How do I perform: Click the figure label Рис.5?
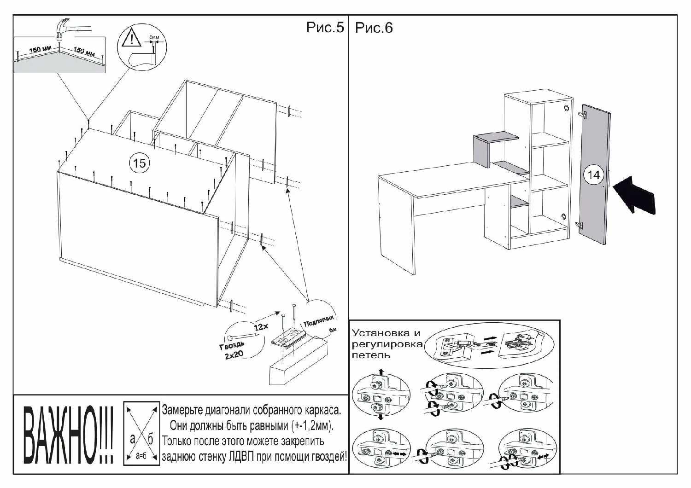point(325,28)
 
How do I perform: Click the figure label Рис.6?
point(374,28)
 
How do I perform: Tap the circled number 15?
point(139,163)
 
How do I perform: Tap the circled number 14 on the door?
point(593,175)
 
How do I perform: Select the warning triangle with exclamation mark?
point(131,37)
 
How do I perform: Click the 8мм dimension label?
point(154,36)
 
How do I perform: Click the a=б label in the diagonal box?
point(141,456)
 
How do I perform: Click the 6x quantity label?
point(333,330)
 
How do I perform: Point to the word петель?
point(371,355)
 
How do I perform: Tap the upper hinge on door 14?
point(583,114)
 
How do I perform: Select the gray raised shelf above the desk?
point(495,138)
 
